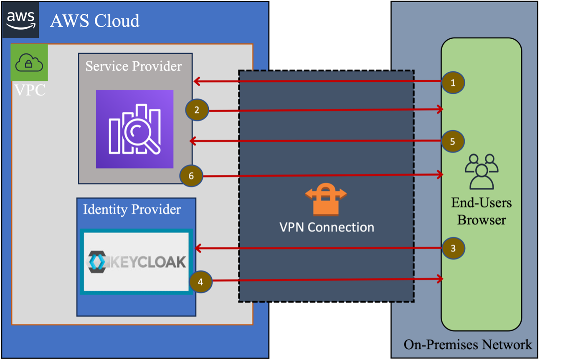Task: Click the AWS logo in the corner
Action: (x=20, y=20)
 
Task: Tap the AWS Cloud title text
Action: (x=95, y=20)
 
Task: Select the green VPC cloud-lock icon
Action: (x=29, y=63)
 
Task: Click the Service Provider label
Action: (x=134, y=66)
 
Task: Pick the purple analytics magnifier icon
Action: (x=135, y=129)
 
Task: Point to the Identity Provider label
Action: (x=132, y=209)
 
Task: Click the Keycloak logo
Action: (x=137, y=262)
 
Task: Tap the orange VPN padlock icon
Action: (x=326, y=199)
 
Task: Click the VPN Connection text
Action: (x=327, y=227)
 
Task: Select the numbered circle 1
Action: (x=453, y=83)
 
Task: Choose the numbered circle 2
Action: (x=197, y=110)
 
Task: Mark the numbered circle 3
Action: (x=454, y=248)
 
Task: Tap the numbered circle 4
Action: (x=201, y=282)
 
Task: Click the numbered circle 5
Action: (x=453, y=141)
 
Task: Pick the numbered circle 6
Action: (x=191, y=176)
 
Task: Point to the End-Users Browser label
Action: (x=482, y=211)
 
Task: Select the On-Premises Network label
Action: (x=468, y=345)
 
